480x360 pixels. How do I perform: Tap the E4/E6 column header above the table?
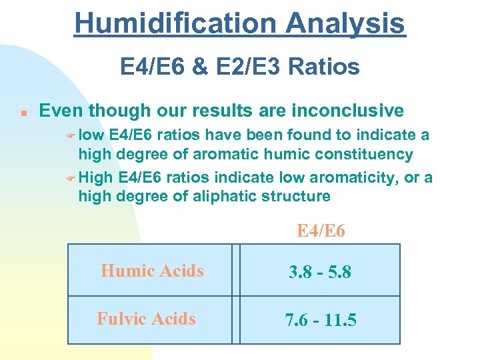(321, 231)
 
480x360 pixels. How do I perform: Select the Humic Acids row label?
(152, 271)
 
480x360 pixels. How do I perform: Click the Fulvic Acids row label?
(146, 319)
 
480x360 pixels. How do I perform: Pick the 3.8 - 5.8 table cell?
(320, 272)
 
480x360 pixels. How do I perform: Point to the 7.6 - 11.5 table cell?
(320, 320)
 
